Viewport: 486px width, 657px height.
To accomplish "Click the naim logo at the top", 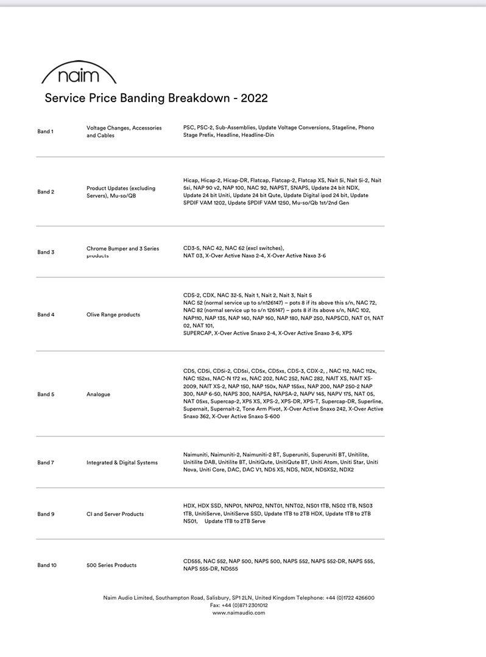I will [79, 74].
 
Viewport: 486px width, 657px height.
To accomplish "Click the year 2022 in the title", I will [254, 98].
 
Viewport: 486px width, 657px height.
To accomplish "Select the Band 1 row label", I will [46, 131].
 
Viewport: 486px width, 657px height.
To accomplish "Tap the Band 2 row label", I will [46, 192].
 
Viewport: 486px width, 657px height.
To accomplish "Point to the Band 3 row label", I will [46, 252].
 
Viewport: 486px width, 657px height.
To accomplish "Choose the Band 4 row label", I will [46, 315].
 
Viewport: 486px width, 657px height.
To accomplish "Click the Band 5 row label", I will [46, 394].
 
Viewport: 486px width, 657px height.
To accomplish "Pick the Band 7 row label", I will [46, 462].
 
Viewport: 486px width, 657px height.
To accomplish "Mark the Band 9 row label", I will [46, 514].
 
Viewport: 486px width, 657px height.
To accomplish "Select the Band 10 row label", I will [47, 565].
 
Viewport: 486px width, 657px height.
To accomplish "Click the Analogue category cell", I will [99, 394].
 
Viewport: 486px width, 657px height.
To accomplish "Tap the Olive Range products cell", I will [113, 315].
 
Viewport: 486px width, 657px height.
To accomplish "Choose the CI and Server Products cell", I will [115, 514].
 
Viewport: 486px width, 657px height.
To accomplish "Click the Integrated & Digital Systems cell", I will [122, 462].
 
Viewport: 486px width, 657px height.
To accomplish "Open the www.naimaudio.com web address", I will [239, 613].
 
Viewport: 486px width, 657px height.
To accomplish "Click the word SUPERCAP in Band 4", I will [197, 333].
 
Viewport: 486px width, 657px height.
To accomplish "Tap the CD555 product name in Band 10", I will [192, 561].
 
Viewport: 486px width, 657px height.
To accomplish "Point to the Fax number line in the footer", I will [239, 605].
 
